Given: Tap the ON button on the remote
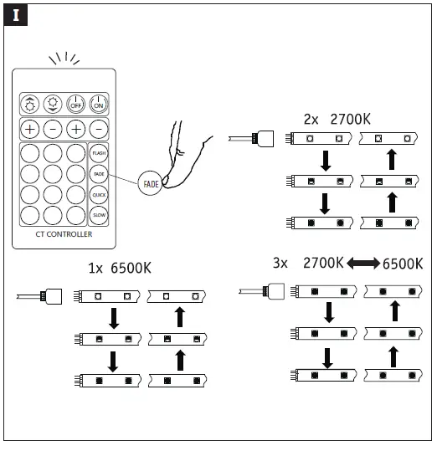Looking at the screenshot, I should (99, 102).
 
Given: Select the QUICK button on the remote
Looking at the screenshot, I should (99, 194).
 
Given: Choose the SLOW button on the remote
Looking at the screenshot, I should (99, 215).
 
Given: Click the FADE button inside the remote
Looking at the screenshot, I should (99, 173).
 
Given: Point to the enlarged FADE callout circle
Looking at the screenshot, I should (151, 182).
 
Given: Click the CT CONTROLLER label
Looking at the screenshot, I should (64, 234).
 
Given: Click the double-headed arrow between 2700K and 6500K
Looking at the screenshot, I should (362, 264).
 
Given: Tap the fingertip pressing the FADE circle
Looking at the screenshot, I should (170, 177).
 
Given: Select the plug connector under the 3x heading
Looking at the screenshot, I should (275, 290).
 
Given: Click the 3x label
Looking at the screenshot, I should (280, 263).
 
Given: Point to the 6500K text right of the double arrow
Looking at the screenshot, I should (402, 264).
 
